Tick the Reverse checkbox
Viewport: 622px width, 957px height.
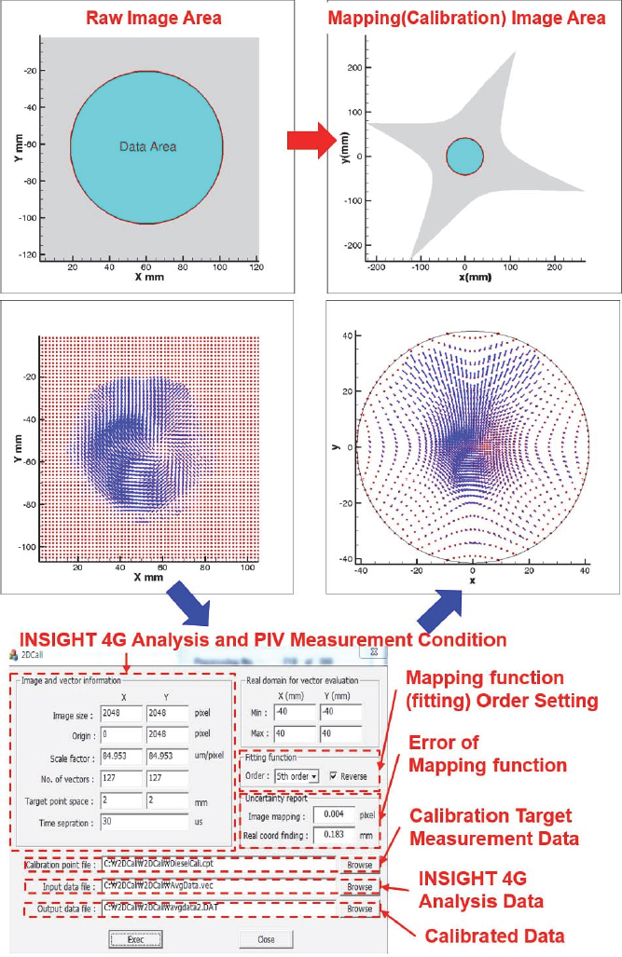point(334,775)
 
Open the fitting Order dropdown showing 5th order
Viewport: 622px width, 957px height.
point(297,775)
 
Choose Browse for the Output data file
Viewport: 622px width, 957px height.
point(359,909)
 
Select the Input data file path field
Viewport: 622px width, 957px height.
point(218,887)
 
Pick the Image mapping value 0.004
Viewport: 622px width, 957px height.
point(334,813)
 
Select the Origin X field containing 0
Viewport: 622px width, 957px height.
point(120,734)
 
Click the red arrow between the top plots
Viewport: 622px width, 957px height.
point(311,141)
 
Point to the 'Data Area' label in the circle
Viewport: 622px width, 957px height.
point(147,146)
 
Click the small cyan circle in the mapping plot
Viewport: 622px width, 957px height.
point(464,157)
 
